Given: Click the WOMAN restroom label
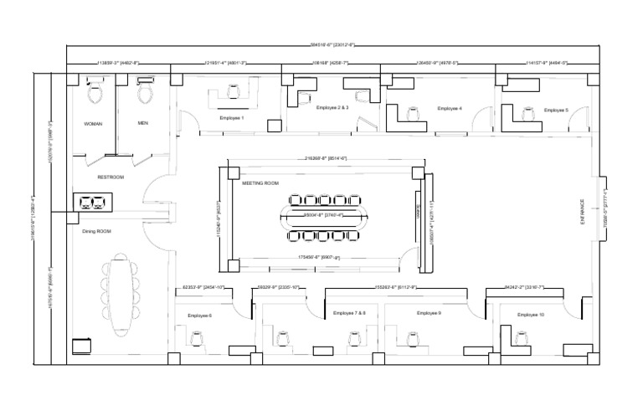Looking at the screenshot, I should coord(93,123).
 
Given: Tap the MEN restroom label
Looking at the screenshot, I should coord(143,122).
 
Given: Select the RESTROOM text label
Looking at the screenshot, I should coord(111,177).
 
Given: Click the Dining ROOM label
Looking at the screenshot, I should coord(96,231).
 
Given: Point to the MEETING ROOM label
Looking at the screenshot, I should coord(260,182).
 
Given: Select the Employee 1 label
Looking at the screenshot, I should coord(232,118).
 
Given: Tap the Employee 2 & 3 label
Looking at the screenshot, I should coord(332,108).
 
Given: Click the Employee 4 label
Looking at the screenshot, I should coord(450,108).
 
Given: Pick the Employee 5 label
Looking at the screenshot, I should coord(556,110).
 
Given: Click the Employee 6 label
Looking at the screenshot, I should coord(200,316).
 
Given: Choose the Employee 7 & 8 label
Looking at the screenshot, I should coord(349,313).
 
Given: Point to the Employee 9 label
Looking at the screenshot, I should coord(429,313).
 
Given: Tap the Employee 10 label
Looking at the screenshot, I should coord(531,315).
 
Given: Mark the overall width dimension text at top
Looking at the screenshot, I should coord(321,45).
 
